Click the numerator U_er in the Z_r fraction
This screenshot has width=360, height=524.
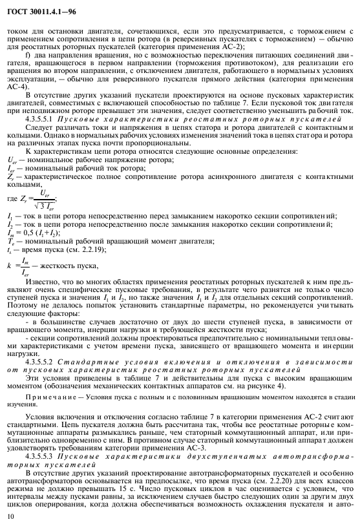pos(45,191)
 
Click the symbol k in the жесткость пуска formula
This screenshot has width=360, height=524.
pos(9,265)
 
